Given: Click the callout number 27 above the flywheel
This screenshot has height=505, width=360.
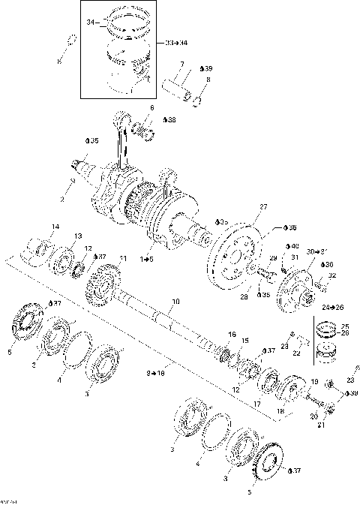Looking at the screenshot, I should coord(262,206).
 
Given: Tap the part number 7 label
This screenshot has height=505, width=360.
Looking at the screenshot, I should coord(182,65).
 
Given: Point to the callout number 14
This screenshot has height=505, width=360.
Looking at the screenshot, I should coord(55,227).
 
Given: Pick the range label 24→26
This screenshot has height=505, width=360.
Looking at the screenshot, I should coord(328,306).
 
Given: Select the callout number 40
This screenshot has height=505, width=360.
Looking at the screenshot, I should coord(293,247).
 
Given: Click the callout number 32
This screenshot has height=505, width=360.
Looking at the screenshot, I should coord(332,276).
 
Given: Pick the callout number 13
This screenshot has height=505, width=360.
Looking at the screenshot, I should coord(76,236).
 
